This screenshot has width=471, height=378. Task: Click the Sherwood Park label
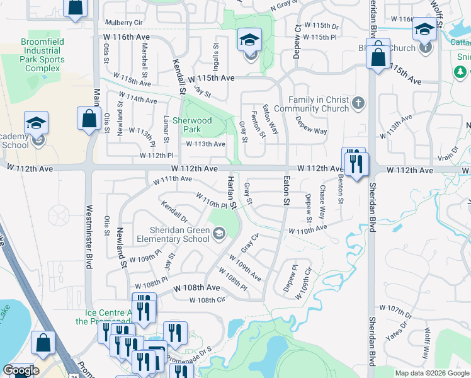click(192, 125)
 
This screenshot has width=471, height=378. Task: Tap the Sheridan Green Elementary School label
click(171, 234)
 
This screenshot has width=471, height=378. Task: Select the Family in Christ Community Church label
click(319, 104)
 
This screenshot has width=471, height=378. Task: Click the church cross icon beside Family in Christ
click(358, 103)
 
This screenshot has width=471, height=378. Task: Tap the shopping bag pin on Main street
click(89, 118)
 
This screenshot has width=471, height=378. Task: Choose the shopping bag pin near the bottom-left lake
click(43, 343)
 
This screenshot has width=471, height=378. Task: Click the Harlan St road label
click(231, 193)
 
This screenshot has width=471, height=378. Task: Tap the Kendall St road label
click(178, 77)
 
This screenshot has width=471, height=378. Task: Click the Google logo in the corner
click(21, 370)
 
